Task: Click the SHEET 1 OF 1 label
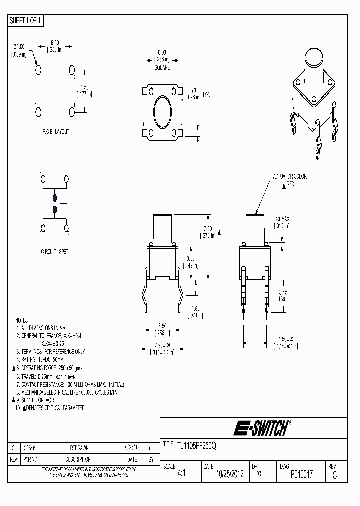point(26,20)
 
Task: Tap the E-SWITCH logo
point(261,428)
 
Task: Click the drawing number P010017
point(302,474)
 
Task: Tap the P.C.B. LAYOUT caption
point(56,132)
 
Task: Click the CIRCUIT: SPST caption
point(54,252)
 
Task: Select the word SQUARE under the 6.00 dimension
point(162,67)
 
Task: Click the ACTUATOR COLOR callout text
point(290,177)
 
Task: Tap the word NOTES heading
point(21,320)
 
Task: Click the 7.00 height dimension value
point(208,228)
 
